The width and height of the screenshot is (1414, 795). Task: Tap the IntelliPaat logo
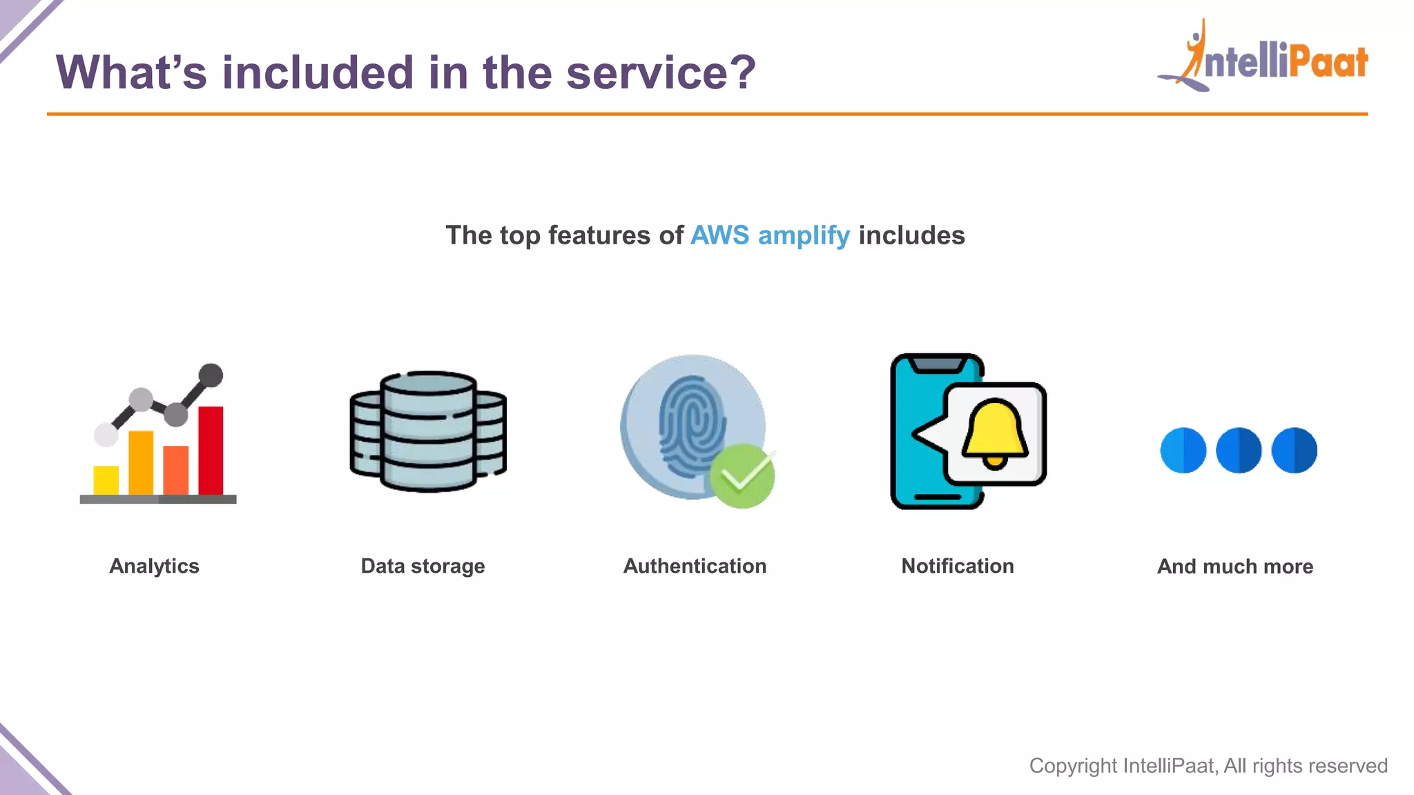tap(1263, 58)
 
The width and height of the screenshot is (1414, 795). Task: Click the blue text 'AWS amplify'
tap(770, 235)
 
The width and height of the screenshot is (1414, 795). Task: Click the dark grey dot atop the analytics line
tap(211, 375)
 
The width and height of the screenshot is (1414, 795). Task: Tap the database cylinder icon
tap(428, 431)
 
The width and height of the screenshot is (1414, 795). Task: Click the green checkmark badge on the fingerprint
tap(742, 476)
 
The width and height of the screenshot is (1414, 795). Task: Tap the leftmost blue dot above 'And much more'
tap(1183, 450)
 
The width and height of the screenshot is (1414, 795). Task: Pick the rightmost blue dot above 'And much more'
tap(1294, 450)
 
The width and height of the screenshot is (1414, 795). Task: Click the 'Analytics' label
tap(155, 566)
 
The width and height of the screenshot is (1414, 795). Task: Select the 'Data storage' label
tap(423, 566)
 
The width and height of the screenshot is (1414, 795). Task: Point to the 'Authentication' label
tap(695, 566)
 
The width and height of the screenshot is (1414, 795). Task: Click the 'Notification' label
tap(958, 566)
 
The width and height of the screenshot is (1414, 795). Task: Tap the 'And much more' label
tap(1235, 567)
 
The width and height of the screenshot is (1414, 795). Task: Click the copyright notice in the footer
tap(1208, 765)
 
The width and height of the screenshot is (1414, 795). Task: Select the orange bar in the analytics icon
tap(141, 462)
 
